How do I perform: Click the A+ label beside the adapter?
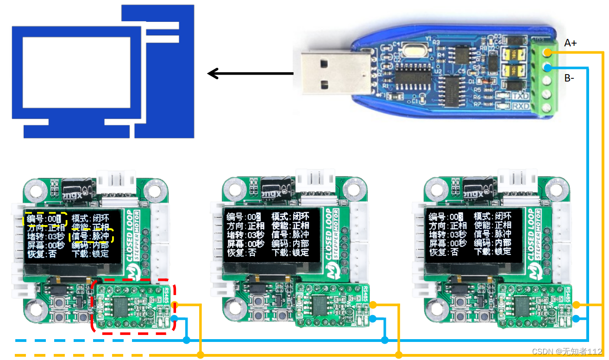click(570, 43)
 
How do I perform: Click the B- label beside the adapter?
click(569, 78)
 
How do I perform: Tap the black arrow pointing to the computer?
click(250, 73)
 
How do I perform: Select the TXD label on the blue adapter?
click(521, 96)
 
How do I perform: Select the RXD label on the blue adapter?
click(521, 106)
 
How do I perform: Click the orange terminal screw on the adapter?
click(547, 52)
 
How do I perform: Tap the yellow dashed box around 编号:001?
click(45, 219)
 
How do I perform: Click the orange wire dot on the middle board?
click(372, 305)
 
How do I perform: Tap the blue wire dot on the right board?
click(576, 318)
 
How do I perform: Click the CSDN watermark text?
click(567, 352)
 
